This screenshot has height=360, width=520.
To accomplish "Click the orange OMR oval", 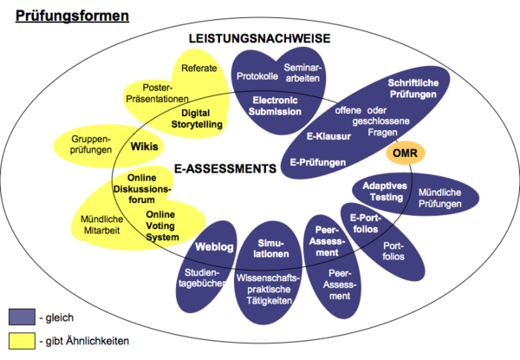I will click(x=403, y=154).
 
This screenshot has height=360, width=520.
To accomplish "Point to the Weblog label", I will click(x=215, y=247).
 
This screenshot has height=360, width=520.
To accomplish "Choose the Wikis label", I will click(x=145, y=147).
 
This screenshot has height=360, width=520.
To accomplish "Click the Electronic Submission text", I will click(x=276, y=106).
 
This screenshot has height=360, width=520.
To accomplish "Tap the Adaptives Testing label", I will click(x=381, y=191).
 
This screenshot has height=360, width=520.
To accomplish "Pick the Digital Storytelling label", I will click(x=202, y=118).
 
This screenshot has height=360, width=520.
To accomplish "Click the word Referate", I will click(x=198, y=67).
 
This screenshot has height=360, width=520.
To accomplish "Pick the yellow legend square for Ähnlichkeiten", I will click(x=22, y=341).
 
